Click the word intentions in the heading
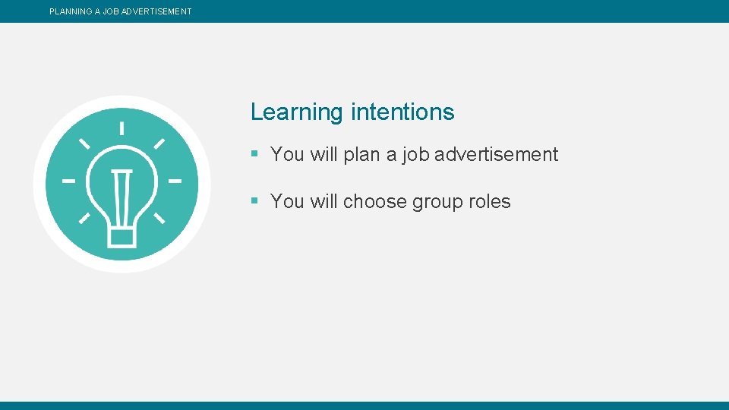(x=402, y=112)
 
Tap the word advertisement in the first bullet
(x=497, y=154)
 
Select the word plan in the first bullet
(x=361, y=155)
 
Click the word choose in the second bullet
(x=374, y=202)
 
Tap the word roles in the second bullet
(x=490, y=201)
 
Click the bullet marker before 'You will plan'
(x=255, y=154)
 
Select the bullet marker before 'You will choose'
(x=255, y=201)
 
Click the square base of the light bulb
(x=122, y=237)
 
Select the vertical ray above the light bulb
(x=122, y=127)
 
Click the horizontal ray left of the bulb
(x=69, y=181)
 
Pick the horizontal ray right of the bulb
(x=175, y=181)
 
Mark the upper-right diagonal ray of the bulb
(x=159, y=143)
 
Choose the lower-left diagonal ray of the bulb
(x=84, y=219)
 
